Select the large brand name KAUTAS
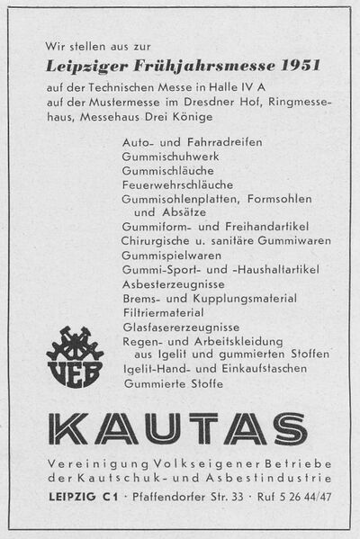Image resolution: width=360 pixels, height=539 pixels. (179, 430)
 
